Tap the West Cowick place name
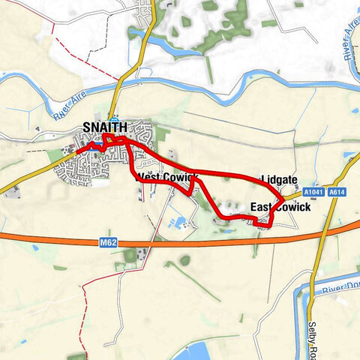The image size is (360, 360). (x=166, y=178)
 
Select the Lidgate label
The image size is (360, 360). (x=280, y=180)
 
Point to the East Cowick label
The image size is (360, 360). (x=280, y=207)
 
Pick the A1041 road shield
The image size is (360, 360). (x=316, y=192)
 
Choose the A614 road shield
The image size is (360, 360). (x=338, y=192)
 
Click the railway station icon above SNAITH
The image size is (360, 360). (x=114, y=121)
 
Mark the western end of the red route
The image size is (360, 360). (x=77, y=152)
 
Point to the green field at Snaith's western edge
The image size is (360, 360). (x=55, y=156)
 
